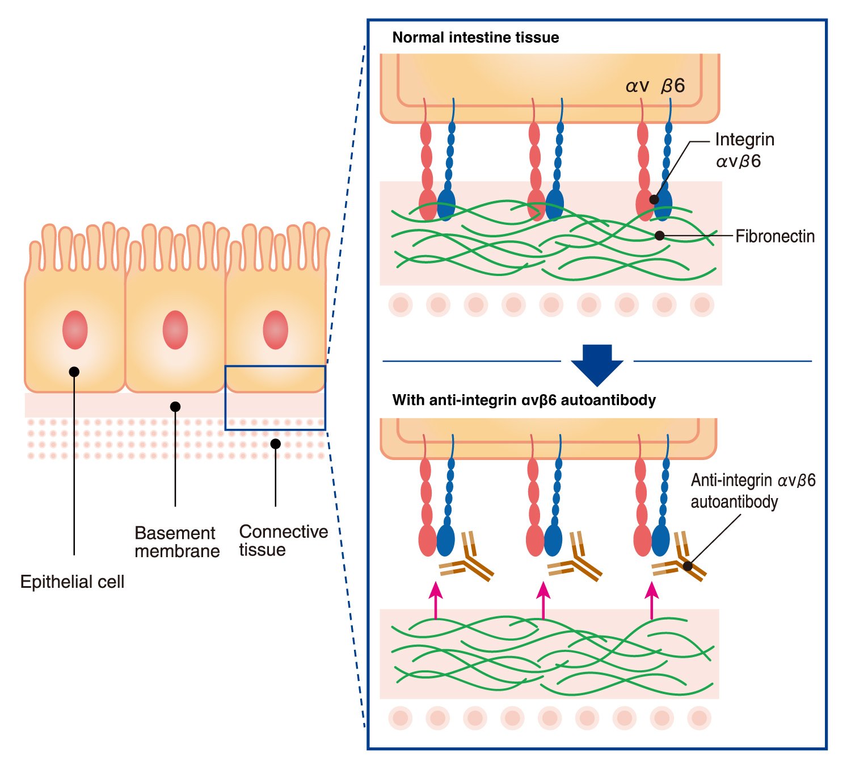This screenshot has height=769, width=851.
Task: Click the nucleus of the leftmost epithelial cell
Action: [x=75, y=329]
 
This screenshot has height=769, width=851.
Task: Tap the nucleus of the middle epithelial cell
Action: [x=175, y=329]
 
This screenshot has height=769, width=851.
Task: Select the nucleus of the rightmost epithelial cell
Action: [x=276, y=329]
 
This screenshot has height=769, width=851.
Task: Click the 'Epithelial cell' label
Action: [x=72, y=582]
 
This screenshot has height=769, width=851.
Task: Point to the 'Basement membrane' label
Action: [x=176, y=542]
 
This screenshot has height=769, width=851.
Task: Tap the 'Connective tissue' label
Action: [x=283, y=540]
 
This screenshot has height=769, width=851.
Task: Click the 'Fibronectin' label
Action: [x=775, y=236]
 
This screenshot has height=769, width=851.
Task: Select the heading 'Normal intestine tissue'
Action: [x=475, y=37]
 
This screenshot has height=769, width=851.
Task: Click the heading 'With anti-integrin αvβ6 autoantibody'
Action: [x=524, y=400]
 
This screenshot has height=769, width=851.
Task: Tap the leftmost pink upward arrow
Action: [x=435, y=599]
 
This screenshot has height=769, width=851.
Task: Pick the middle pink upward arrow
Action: [x=544, y=599]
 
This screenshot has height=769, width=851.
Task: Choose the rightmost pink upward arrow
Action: [x=652, y=599]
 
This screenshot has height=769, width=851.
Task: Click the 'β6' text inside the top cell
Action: [x=673, y=86]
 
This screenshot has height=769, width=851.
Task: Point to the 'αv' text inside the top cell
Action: [x=638, y=86]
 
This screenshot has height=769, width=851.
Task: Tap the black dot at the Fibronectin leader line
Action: [x=659, y=235]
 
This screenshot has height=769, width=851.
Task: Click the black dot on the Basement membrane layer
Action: [x=175, y=407]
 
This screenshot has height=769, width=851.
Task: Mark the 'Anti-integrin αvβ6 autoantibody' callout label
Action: [x=753, y=491]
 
